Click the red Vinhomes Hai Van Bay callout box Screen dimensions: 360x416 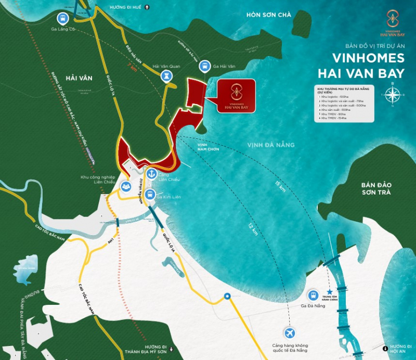[236, 94]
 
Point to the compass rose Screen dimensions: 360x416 [393, 94]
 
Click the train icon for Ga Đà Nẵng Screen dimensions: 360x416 [314, 295]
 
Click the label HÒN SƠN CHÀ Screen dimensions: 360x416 [268, 14]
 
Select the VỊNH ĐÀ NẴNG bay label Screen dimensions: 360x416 [270, 145]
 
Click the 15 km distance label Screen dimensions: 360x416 [281, 186]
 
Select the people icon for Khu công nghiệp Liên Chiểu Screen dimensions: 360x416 [125, 186]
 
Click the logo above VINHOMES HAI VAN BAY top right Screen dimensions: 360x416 [389, 19]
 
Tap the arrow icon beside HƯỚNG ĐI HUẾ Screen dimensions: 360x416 [147, 7]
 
